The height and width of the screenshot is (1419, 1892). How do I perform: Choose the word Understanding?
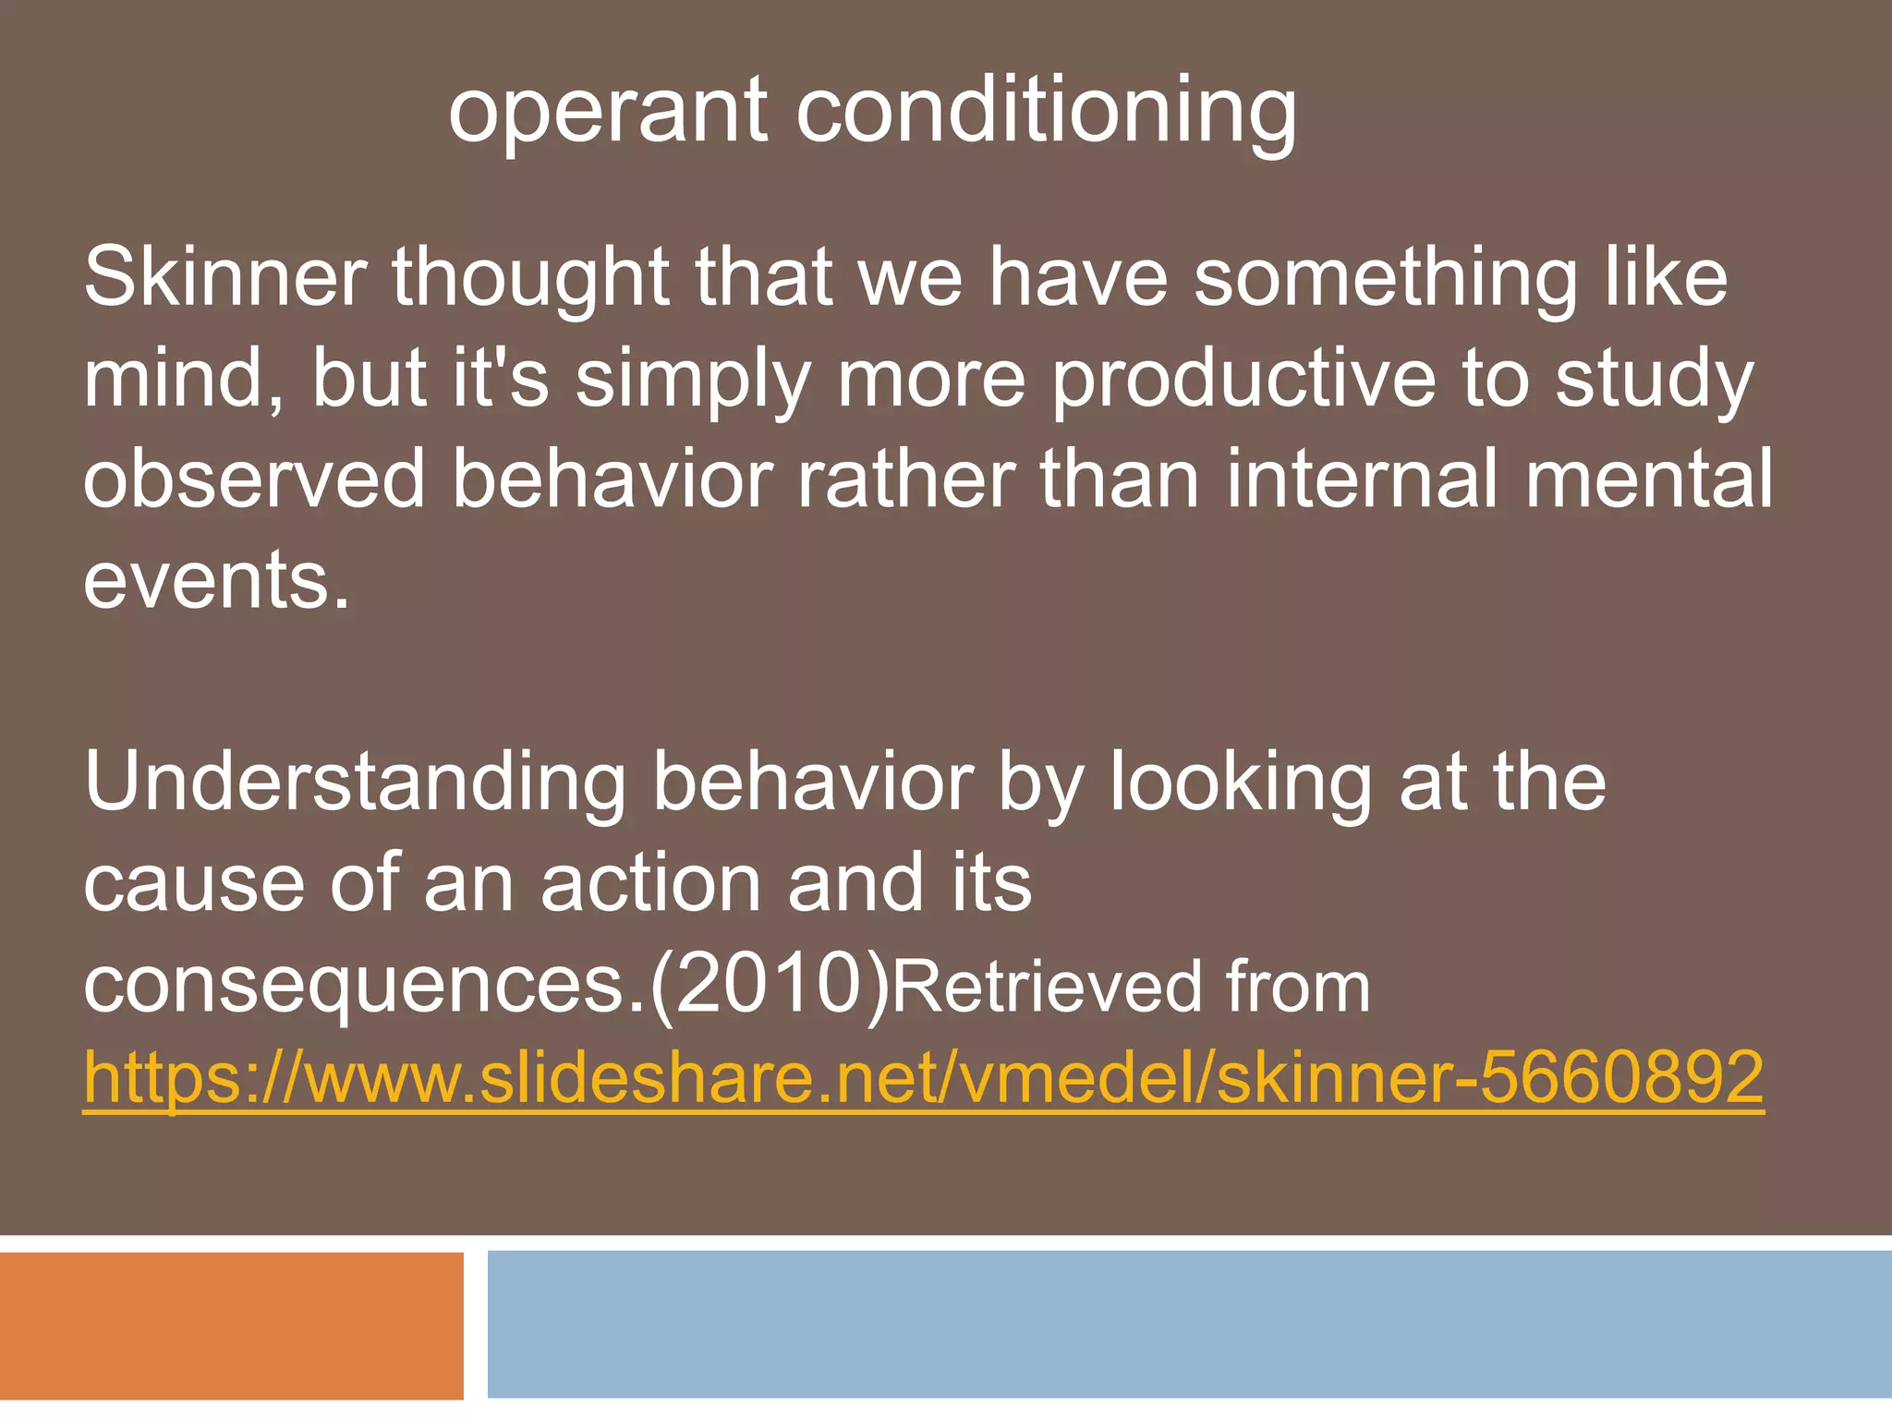[356, 782]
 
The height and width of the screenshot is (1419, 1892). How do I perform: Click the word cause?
[194, 884]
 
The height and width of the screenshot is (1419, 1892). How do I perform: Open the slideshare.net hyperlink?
[924, 1078]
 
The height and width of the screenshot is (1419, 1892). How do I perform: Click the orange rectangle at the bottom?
[231, 1326]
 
